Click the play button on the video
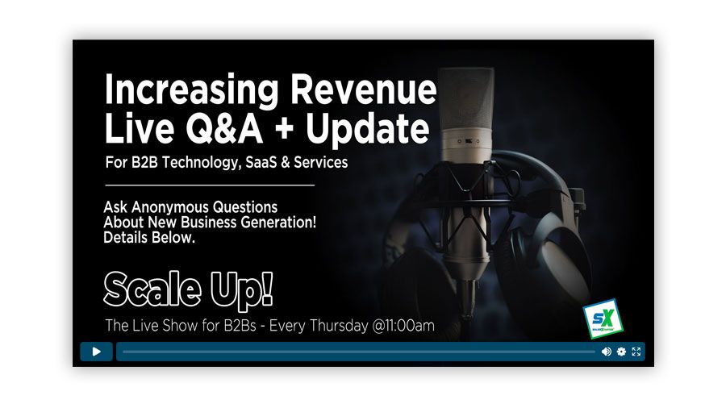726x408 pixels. coord(96,352)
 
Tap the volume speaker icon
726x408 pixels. coord(607,352)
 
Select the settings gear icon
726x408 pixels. coord(621,352)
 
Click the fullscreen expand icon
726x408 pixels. coord(636,352)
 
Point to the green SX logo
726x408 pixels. coord(598,318)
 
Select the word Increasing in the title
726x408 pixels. coord(190,90)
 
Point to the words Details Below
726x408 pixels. coord(149,238)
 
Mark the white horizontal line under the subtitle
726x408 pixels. coord(209,185)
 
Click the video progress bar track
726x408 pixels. coord(358,352)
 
